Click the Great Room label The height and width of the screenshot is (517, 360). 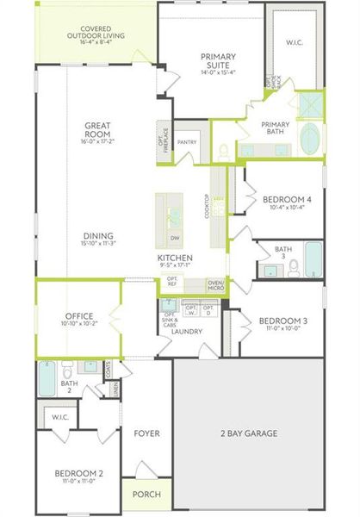tap(95, 130)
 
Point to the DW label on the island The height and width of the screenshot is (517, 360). tap(175, 238)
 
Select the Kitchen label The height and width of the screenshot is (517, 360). tap(174, 258)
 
